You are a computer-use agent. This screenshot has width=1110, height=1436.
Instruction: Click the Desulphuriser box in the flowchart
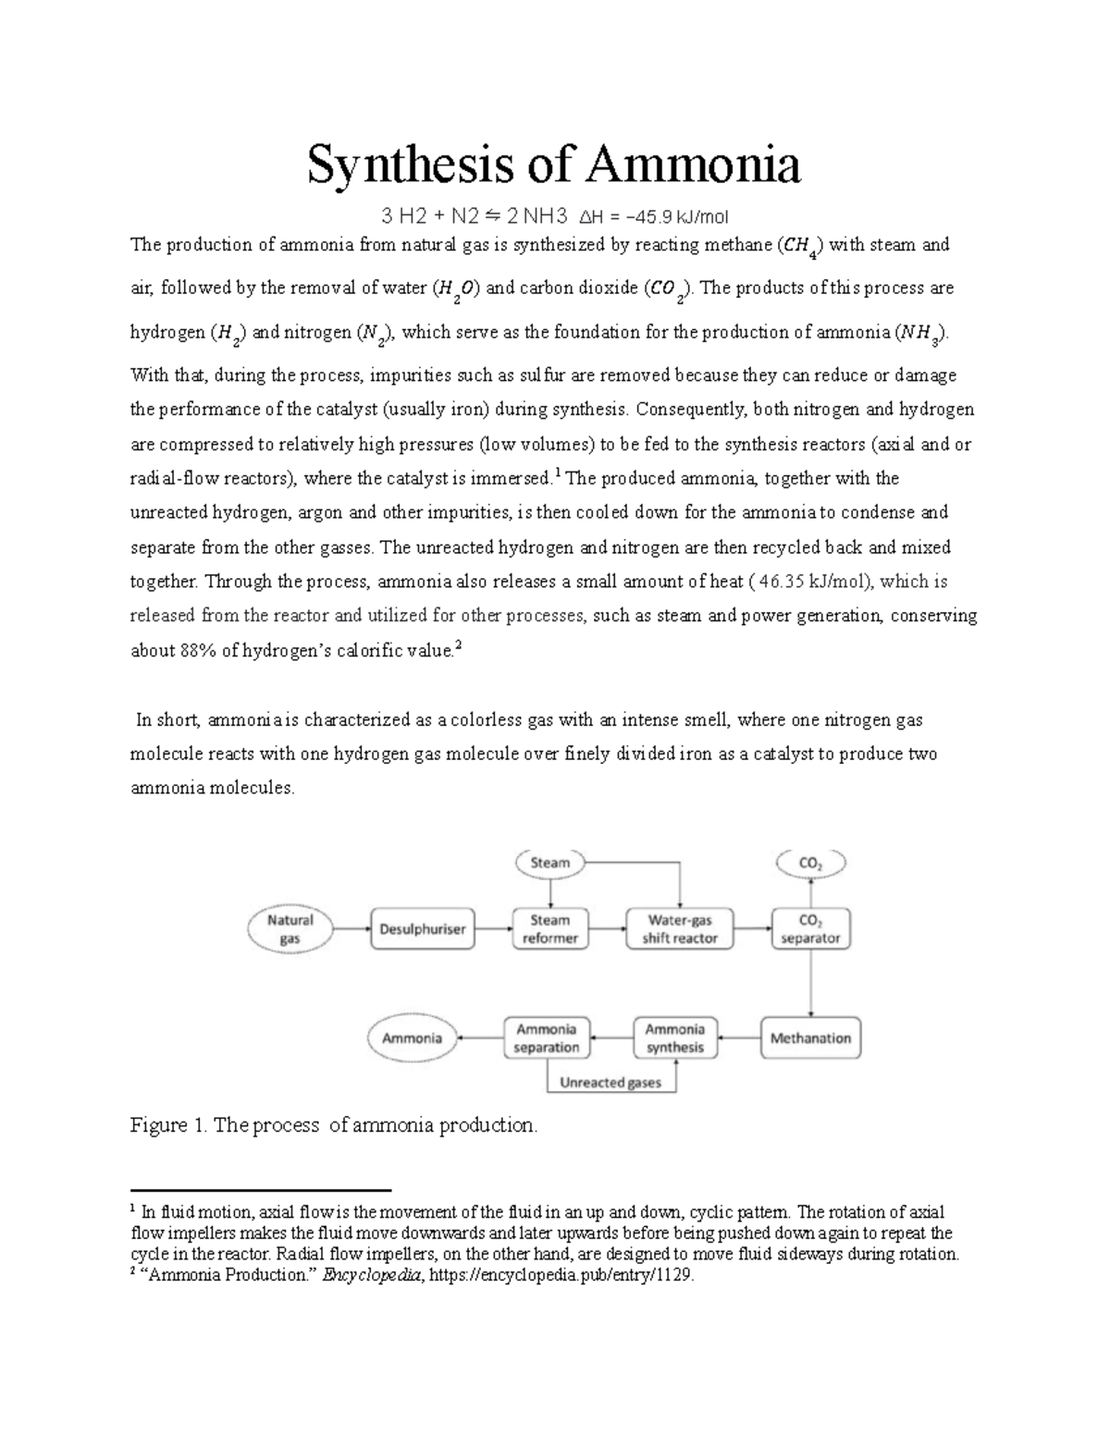[x=423, y=928]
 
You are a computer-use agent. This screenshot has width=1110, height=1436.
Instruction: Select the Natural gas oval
[x=290, y=928]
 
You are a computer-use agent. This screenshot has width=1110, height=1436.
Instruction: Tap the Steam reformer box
[x=549, y=928]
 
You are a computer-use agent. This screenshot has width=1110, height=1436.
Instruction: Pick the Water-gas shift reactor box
[x=680, y=928]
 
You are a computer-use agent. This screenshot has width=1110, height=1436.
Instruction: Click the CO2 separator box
[x=810, y=928]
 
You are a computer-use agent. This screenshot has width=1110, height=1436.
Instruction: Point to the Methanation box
[x=810, y=1037]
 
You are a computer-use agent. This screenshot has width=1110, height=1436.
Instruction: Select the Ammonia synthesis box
[x=674, y=1037]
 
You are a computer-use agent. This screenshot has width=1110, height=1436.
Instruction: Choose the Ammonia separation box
[x=546, y=1037]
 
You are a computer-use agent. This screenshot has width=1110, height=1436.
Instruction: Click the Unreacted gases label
[x=610, y=1082]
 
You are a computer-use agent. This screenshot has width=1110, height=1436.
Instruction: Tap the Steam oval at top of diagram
[x=549, y=863]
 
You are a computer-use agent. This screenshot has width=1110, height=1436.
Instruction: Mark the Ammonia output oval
[x=412, y=1037]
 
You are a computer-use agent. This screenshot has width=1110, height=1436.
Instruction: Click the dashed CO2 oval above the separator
[x=810, y=864]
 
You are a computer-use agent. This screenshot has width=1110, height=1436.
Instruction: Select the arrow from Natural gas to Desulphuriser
[x=351, y=928]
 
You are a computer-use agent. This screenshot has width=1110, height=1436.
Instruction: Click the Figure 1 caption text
[x=333, y=1125]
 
